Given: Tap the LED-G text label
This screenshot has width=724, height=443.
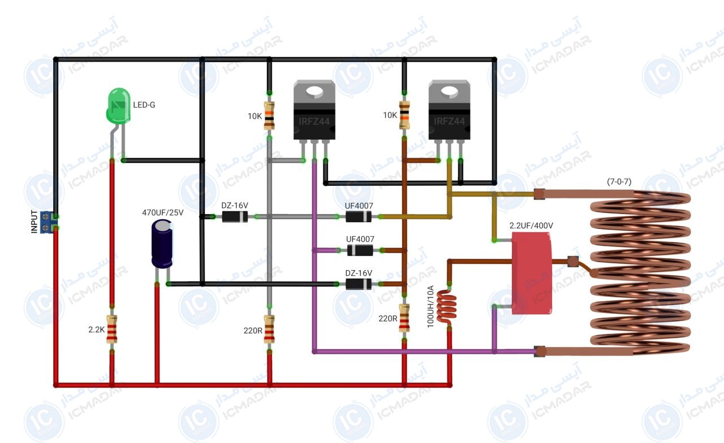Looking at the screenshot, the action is coord(144,105).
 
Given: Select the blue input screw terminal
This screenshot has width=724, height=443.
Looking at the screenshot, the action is coord(47,222).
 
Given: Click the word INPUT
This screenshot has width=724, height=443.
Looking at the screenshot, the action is coord(34,221).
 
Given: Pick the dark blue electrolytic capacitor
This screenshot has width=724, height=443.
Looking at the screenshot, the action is coord(162,244).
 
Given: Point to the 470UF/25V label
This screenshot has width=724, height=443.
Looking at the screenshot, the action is coord(162,212).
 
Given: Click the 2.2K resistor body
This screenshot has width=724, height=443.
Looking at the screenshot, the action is coord(112,329).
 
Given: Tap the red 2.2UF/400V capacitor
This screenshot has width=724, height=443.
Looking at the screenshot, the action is coord(531,273).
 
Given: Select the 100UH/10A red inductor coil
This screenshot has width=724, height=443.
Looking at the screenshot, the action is coord(446,306).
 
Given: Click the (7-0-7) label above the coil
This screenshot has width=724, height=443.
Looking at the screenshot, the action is coord(619,181).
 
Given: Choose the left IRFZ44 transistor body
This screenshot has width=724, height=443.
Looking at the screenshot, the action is coord(314,110).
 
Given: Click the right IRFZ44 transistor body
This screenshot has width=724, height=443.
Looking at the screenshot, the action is coord(449,110).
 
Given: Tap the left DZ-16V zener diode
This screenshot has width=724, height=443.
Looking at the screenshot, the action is coord(235,216).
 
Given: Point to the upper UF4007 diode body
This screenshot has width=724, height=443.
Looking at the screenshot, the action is coord(359,216).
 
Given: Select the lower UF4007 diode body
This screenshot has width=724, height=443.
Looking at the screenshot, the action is coord(360,250).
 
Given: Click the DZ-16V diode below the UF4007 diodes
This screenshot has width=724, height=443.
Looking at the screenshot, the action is coord(359,284).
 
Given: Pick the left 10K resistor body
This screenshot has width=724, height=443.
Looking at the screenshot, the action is coord(269,116).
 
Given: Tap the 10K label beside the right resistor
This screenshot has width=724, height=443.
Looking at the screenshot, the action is coord(390,115).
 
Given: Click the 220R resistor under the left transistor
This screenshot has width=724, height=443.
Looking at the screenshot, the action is coord(269,329).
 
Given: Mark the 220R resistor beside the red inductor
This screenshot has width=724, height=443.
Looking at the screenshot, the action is coord(404,318).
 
